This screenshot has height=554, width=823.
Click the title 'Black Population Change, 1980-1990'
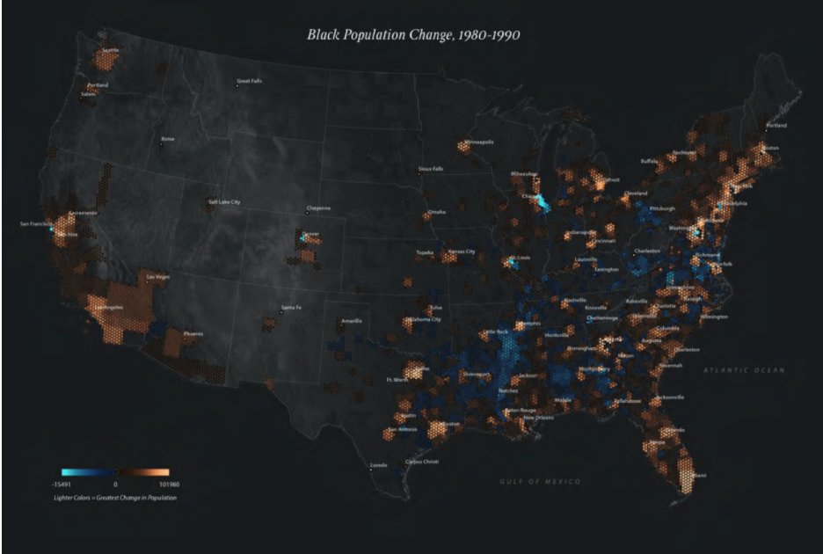point(412,35)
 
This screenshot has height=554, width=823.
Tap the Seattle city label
point(110,50)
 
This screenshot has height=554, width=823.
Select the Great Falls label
point(249,82)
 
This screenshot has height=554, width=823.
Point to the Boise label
point(167,139)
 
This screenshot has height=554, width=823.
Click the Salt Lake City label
point(224,201)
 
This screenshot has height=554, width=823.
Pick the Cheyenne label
point(318,208)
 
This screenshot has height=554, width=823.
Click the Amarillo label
point(351,321)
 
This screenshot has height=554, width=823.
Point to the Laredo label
point(378,464)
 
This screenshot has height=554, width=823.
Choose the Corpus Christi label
point(421,462)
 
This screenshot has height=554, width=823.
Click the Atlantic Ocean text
point(743,370)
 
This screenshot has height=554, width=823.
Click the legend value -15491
point(62,485)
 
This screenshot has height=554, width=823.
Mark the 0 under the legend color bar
point(115,485)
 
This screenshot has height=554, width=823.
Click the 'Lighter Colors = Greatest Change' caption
point(114,498)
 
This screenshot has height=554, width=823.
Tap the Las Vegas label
point(157,277)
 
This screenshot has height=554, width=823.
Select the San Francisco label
point(36,224)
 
